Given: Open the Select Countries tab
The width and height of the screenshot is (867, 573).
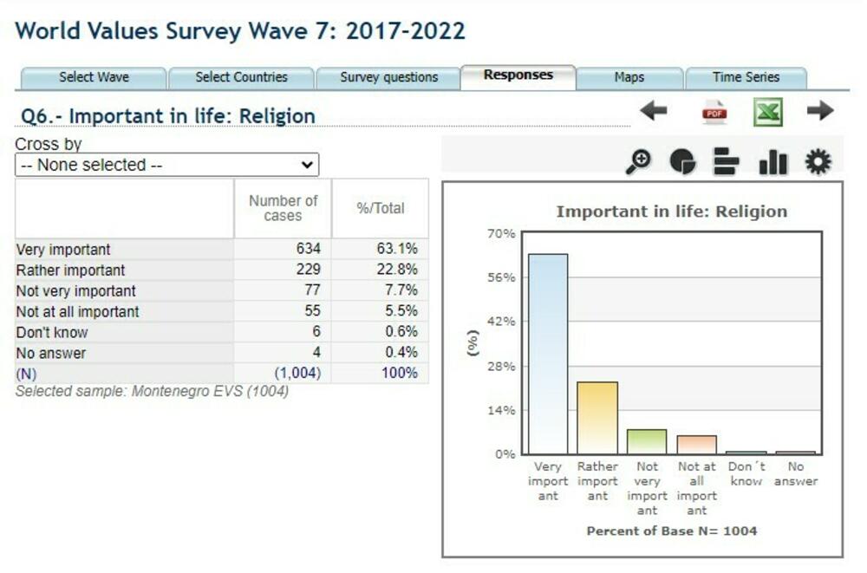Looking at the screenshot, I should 241,77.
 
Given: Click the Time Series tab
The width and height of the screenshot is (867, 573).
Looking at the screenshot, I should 746,77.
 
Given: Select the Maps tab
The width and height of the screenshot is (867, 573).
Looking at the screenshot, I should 629,77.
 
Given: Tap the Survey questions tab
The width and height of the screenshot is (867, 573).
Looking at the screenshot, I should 388,77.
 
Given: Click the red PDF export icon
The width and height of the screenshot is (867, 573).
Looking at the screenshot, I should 715,112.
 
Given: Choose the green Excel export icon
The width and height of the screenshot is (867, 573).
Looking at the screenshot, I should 767,112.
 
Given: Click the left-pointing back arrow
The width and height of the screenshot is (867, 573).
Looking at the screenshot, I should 654,111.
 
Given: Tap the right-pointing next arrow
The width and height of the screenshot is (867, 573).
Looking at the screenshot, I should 819,111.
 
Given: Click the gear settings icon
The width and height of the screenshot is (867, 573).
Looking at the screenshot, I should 818,162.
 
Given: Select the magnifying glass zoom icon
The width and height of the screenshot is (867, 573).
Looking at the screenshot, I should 639,162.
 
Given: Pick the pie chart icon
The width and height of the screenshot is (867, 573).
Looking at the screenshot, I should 682,162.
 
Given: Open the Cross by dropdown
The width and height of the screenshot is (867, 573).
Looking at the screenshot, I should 166,165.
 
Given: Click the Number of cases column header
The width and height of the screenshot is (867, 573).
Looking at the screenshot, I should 283,208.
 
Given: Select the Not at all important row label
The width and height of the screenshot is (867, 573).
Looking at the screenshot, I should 78,311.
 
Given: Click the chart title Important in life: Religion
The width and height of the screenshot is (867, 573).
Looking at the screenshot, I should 671,212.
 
